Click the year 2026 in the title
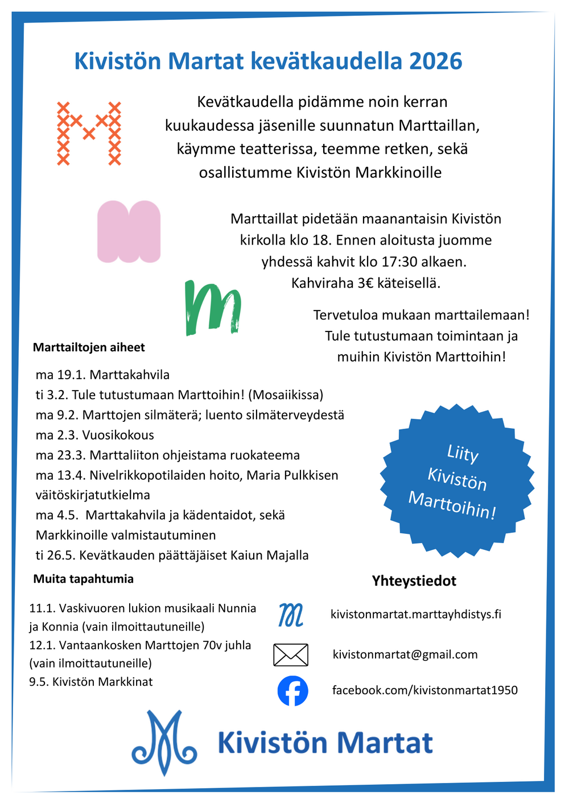[435, 61]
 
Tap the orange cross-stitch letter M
[89, 134]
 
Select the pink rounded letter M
[129, 231]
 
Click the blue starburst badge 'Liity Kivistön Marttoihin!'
[457, 480]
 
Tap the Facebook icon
[292, 691]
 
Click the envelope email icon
[291, 655]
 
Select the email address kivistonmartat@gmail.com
[405, 654]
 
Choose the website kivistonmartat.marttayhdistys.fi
[416, 614]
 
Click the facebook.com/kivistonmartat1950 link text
[425, 690]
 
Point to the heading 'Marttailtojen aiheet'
[89, 347]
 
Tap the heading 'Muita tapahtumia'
[84, 579]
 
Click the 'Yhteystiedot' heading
[414, 581]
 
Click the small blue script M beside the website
[291, 615]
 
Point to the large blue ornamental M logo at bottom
[164, 742]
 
